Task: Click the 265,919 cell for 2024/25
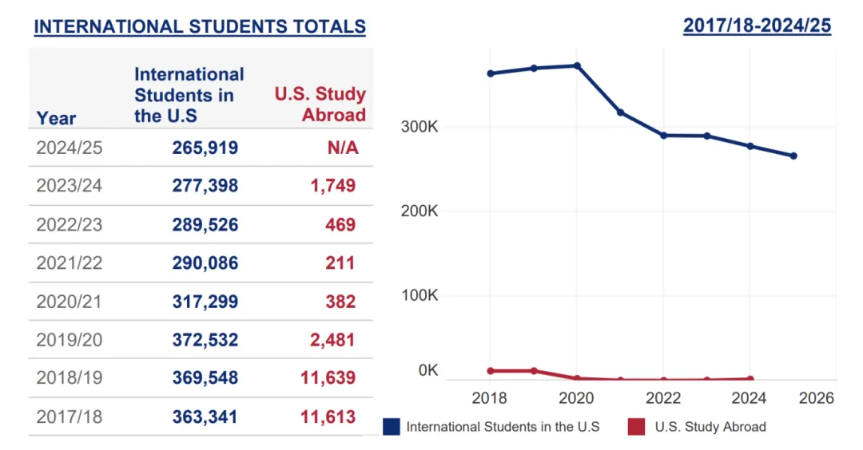tap(205, 148)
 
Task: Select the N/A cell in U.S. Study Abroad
tap(343, 148)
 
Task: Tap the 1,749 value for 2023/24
tap(333, 186)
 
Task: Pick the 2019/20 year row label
tap(70, 340)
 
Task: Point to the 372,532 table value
tap(205, 340)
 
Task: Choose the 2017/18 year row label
tap(70, 416)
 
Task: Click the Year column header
tap(56, 118)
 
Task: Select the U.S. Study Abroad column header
tap(320, 104)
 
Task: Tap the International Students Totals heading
tap(200, 26)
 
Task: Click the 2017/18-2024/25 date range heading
tap(757, 26)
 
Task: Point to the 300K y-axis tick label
tap(420, 128)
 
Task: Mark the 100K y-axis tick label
tap(420, 295)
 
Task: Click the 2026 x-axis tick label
tap(817, 398)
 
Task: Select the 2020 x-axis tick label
tap(576, 398)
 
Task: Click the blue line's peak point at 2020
tap(577, 65)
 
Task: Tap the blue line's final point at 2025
tap(793, 156)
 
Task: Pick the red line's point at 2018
tap(491, 371)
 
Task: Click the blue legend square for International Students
tap(392, 427)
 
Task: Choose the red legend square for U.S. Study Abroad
tap(636, 427)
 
